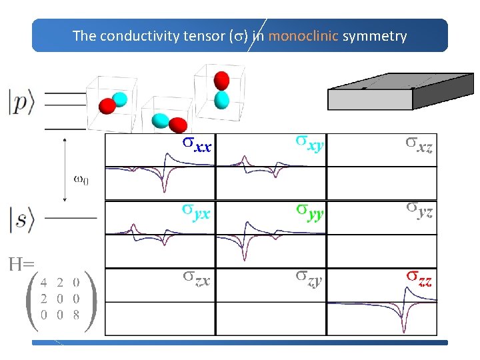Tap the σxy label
pos(310,143)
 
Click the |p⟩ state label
pos(22,105)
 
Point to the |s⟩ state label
pos(22,219)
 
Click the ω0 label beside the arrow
pos(79,179)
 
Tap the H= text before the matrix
pos(21,265)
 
